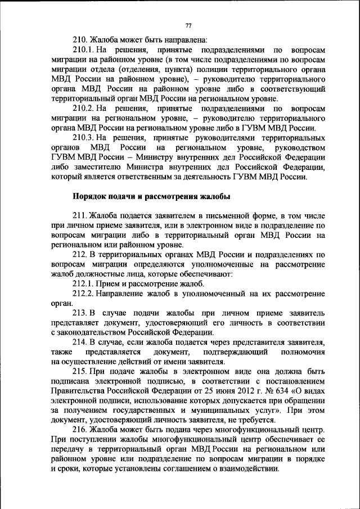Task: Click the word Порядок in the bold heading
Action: click(x=90, y=196)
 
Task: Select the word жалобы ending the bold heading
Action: click(x=213, y=196)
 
